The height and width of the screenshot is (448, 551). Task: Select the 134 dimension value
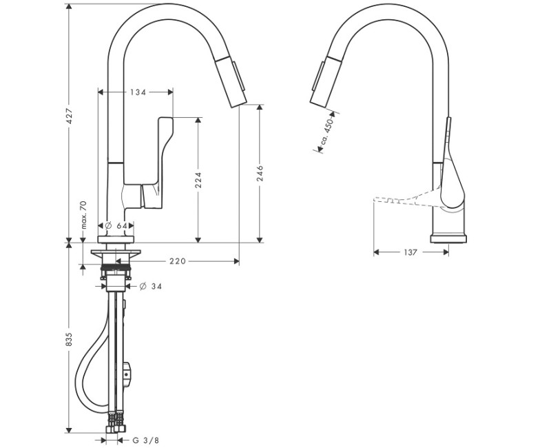pyautogui.click(x=137, y=92)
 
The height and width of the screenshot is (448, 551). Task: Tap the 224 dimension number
pyautogui.click(x=198, y=180)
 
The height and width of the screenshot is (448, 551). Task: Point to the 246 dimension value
pyautogui.click(x=260, y=172)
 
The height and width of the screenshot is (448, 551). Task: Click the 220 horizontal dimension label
pyautogui.click(x=178, y=261)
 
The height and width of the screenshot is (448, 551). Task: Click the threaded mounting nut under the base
pyautogui.click(x=114, y=265)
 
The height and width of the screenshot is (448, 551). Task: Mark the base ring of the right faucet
pyautogui.click(x=448, y=238)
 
